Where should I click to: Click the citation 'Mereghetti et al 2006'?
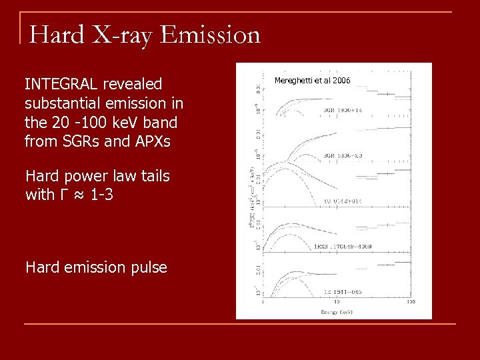[312, 81]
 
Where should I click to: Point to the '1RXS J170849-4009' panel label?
[343, 247]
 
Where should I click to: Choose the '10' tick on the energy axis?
[337, 303]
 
